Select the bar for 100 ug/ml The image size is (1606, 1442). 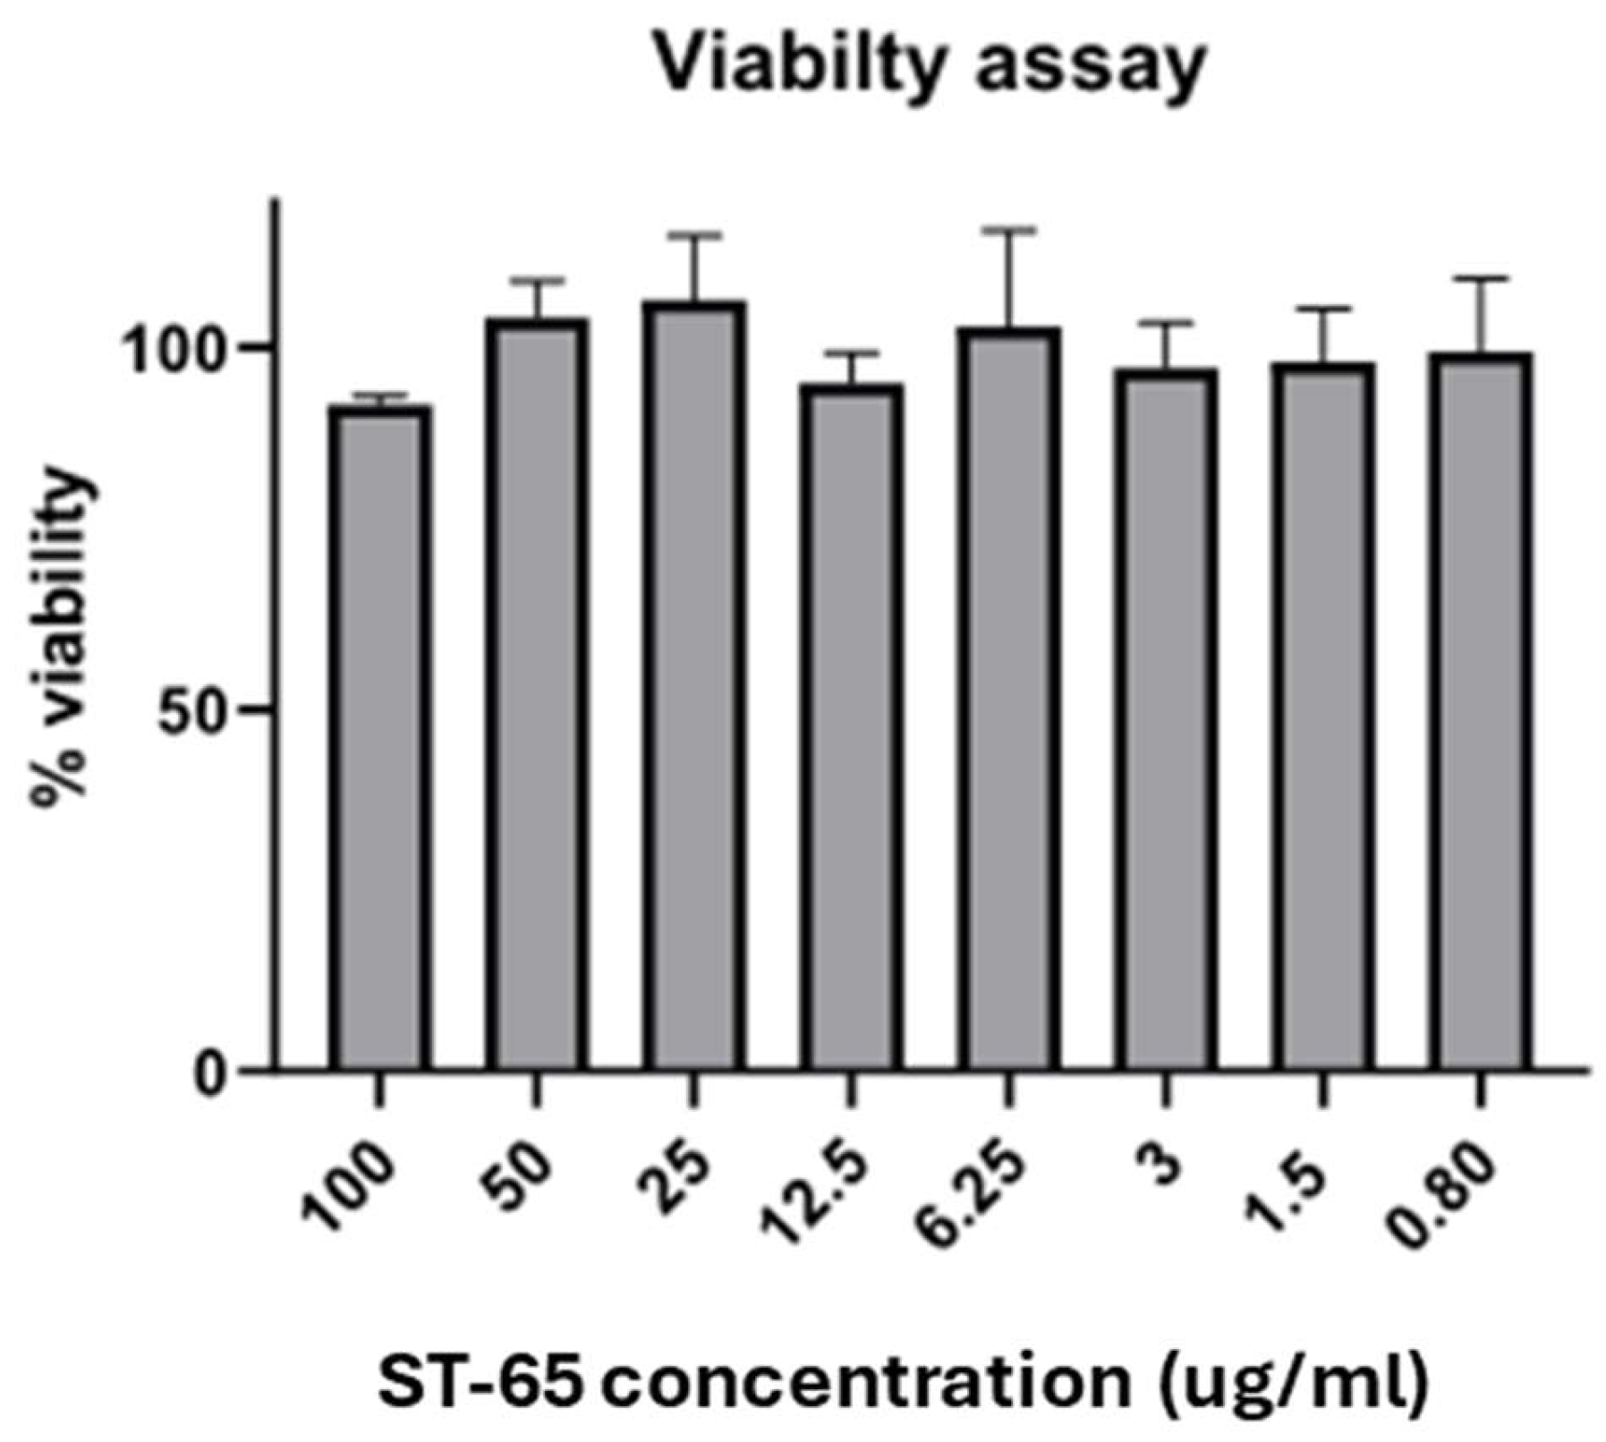click(x=379, y=738)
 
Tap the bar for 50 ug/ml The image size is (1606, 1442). click(x=536, y=693)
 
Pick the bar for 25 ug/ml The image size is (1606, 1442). click(x=693, y=684)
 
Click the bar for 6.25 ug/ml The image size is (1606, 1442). click(x=1008, y=698)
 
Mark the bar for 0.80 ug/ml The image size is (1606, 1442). click(x=1481, y=711)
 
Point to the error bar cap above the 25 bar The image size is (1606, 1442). click(x=693, y=236)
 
